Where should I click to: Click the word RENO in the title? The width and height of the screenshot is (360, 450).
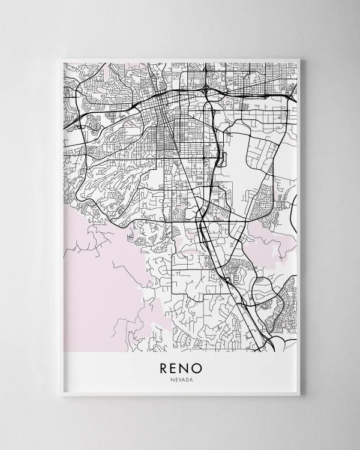pos(181,366)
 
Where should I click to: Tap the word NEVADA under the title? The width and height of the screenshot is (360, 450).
pos(181,379)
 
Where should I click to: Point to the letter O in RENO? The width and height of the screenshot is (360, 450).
pos(197,366)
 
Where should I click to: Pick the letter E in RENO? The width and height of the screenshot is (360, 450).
pos(175,366)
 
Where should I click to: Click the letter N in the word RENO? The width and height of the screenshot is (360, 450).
pos(185,366)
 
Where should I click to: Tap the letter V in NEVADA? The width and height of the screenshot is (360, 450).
pos(178,379)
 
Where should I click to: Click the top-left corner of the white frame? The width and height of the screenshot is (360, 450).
pos(57,56)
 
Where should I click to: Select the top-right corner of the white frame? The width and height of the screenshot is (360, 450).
pos(304,56)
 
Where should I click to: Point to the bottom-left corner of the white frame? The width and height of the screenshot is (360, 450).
pos(57,398)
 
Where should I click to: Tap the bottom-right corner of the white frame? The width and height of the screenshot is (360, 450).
pos(304,398)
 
